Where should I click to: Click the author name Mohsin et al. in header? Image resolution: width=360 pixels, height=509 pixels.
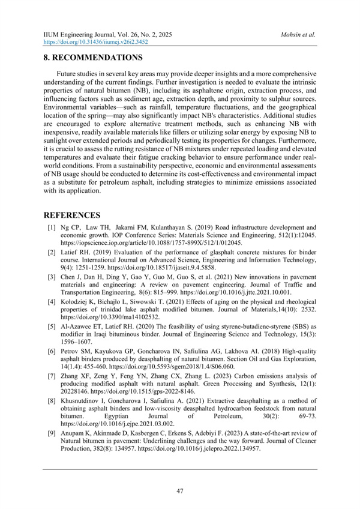(298, 35)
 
